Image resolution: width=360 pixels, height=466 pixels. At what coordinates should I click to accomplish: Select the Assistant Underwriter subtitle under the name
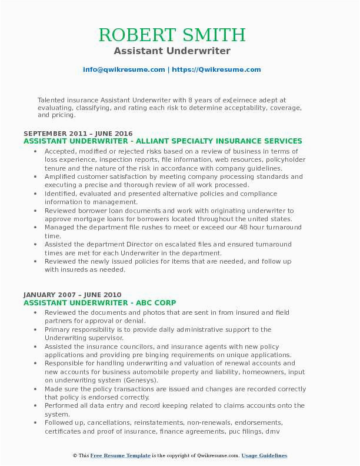[x=172, y=51]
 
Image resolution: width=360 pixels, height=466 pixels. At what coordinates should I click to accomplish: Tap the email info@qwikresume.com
[x=124, y=69]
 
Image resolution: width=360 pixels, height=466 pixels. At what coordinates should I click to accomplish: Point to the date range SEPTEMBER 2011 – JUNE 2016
[x=78, y=134]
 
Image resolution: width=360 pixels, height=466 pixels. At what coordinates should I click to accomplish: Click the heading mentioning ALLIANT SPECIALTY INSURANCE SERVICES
[x=163, y=141]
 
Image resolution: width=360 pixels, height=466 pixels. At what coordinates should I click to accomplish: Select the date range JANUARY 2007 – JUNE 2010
[x=72, y=295]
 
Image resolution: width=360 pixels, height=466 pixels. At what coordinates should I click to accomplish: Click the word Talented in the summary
[x=52, y=100]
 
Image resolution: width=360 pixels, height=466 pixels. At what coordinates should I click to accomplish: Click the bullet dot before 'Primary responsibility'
[x=36, y=330]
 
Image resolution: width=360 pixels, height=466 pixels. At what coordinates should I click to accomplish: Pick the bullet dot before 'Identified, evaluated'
[x=36, y=194]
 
